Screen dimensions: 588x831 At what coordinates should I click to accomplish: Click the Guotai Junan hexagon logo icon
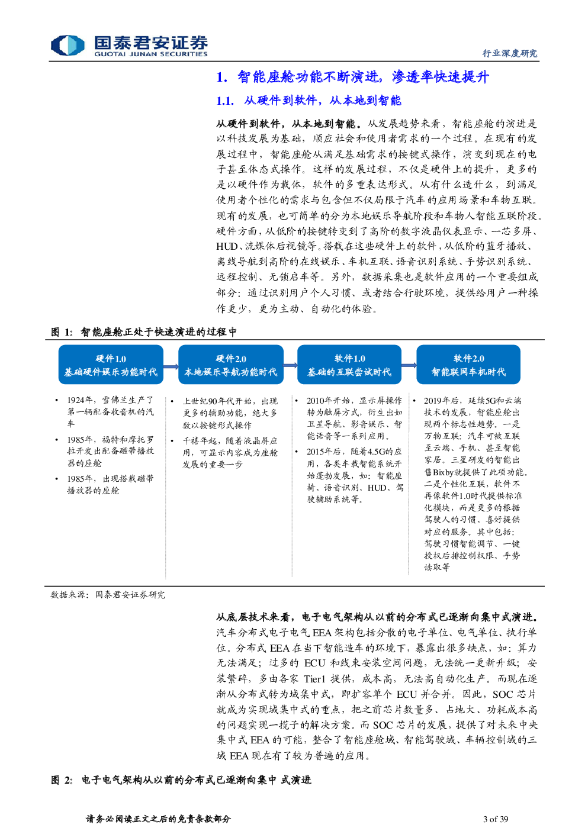click(x=68, y=45)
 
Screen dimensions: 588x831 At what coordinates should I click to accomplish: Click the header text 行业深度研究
click(x=510, y=53)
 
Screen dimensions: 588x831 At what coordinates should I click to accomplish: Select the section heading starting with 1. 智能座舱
click(x=352, y=77)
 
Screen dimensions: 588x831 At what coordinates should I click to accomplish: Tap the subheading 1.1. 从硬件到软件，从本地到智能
click(x=309, y=100)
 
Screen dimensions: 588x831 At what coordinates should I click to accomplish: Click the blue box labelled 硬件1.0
click(x=111, y=365)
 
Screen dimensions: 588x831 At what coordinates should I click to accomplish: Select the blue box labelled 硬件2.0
click(x=230, y=365)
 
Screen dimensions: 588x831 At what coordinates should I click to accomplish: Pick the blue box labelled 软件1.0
click(x=349, y=365)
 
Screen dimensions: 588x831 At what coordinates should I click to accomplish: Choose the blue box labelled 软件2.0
click(x=468, y=365)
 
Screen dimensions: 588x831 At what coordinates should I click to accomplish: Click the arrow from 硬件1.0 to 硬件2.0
click(x=171, y=366)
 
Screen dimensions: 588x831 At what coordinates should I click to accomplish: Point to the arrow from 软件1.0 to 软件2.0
click(x=409, y=365)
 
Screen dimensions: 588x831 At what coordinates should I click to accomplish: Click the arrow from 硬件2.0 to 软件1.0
click(x=290, y=365)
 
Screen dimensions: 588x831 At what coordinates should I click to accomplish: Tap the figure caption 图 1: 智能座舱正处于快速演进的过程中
click(x=143, y=332)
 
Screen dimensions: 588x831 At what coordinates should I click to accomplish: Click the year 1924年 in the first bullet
click(x=79, y=400)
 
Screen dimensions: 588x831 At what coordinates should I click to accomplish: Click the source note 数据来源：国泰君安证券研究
click(x=108, y=595)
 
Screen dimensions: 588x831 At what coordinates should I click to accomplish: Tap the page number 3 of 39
click(x=496, y=819)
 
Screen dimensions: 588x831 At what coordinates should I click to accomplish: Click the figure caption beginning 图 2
click(x=181, y=780)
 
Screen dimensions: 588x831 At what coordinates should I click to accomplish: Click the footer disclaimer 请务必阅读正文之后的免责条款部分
click(x=159, y=819)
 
